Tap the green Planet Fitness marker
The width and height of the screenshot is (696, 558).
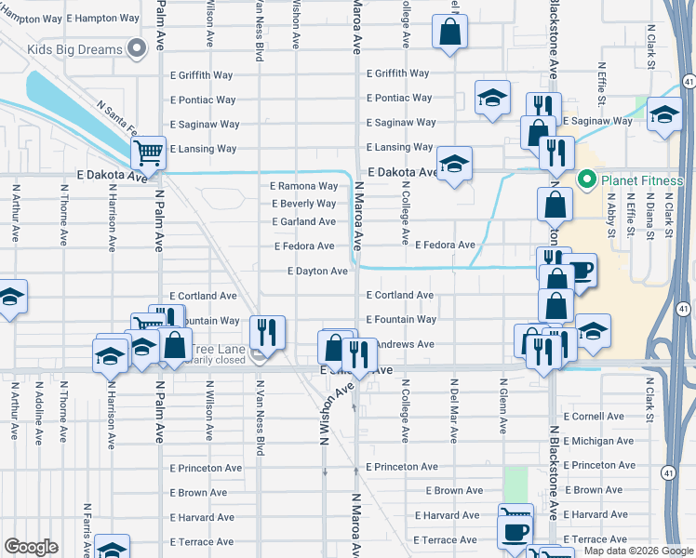(586, 179)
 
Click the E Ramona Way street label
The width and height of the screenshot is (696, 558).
(304, 186)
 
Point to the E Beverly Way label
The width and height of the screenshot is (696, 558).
(304, 204)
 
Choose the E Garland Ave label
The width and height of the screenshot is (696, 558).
(303, 222)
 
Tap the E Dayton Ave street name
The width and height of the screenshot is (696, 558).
(316, 272)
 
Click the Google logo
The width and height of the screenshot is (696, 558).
(32, 547)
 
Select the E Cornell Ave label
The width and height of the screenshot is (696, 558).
(598, 417)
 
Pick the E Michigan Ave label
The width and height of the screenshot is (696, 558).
(598, 441)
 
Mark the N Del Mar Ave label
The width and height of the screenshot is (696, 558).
(454, 404)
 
